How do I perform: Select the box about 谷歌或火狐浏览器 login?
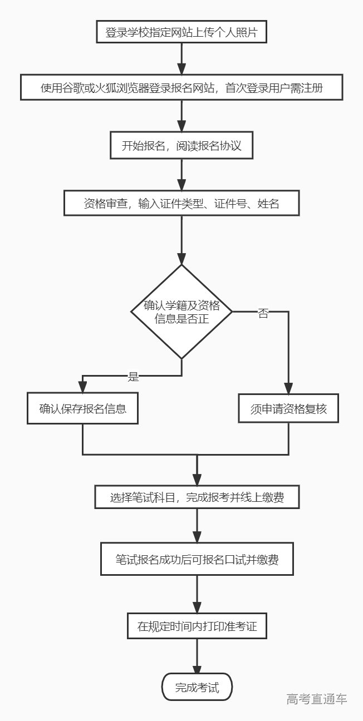pyautogui.click(x=181, y=88)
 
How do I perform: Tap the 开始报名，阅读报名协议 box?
pyautogui.click(x=181, y=146)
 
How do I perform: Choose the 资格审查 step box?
pyautogui.click(x=181, y=204)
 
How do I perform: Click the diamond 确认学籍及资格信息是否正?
pyautogui.click(x=181, y=312)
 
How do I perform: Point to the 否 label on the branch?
pyautogui.click(x=263, y=313)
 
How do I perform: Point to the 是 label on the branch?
pyautogui.click(x=134, y=377)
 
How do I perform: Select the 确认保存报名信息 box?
pyautogui.click(x=83, y=409)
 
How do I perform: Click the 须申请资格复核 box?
pyautogui.click(x=288, y=409)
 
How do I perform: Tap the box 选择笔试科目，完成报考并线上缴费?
pyautogui.click(x=197, y=497)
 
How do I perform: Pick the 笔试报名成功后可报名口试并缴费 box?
pyautogui.click(x=197, y=559)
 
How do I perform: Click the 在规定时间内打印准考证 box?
pyautogui.click(x=197, y=626)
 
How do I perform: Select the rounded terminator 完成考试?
pyautogui.click(x=197, y=688)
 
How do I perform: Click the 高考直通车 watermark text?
pyautogui.click(x=317, y=699)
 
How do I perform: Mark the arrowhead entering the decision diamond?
pyautogui.click(x=181, y=259)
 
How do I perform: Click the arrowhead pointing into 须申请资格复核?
pyautogui.click(x=288, y=389)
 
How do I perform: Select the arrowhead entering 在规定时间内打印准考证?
pyautogui.click(x=197, y=608)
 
